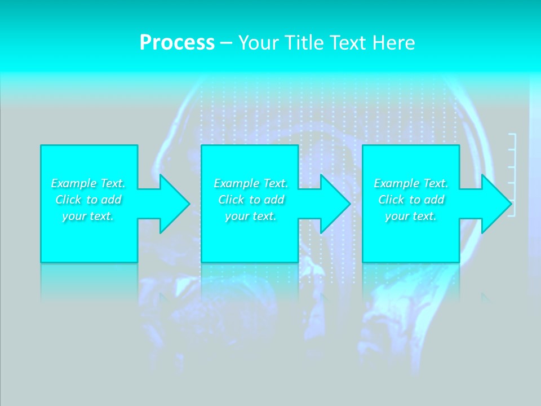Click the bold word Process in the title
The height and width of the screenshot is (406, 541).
click(x=177, y=43)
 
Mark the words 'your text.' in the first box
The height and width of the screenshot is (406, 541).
click(x=88, y=216)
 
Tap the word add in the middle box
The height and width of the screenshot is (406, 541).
click(x=273, y=200)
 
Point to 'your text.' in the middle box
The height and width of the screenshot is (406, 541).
click(x=250, y=216)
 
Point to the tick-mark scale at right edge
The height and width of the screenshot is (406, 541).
click(x=512, y=175)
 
